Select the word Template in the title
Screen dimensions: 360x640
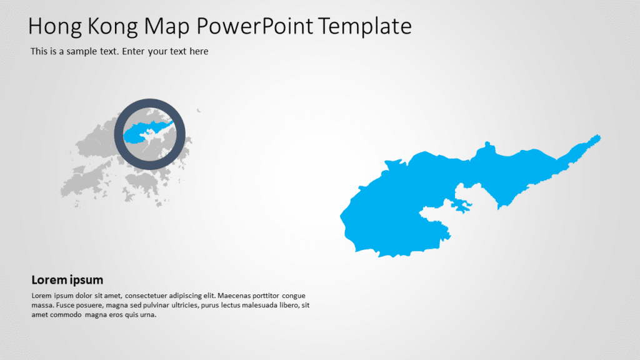(365, 26)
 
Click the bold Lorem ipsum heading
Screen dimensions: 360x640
(67, 280)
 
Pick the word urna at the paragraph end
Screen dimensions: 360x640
(146, 315)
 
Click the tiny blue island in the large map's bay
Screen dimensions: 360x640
(460, 206)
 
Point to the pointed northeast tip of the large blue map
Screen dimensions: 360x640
(598, 136)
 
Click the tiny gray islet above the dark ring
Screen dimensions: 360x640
(199, 111)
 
